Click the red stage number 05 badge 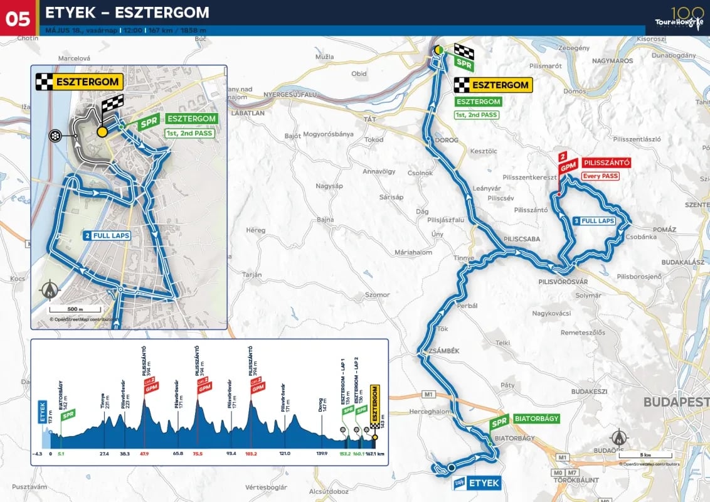(x=18, y=18)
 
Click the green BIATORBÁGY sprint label (x=536, y=419)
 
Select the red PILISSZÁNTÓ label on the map (x=605, y=163)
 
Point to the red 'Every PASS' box (x=600, y=176)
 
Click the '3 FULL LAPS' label (x=593, y=221)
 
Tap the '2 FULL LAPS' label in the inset (x=106, y=235)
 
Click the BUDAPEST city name (x=676, y=402)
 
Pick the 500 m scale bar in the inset (x=75, y=309)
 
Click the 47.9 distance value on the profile (x=144, y=453)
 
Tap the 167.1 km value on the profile (x=374, y=453)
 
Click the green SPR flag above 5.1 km (x=68, y=414)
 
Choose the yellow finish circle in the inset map (x=102, y=132)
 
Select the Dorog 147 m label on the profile (x=322, y=403)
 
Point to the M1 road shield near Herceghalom (x=429, y=394)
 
